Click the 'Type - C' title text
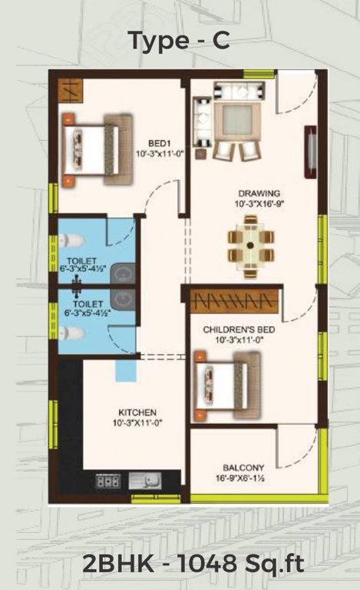pyautogui.click(x=179, y=40)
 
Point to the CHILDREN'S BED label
pyautogui.click(x=238, y=329)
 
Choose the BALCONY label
pyautogui.click(x=244, y=467)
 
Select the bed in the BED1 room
pyautogui.click(x=96, y=149)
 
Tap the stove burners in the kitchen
pyautogui.click(x=107, y=482)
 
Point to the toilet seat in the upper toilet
pyautogui.click(x=69, y=241)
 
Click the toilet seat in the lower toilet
pyautogui.click(x=69, y=333)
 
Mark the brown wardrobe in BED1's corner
pyautogui.click(x=69, y=89)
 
